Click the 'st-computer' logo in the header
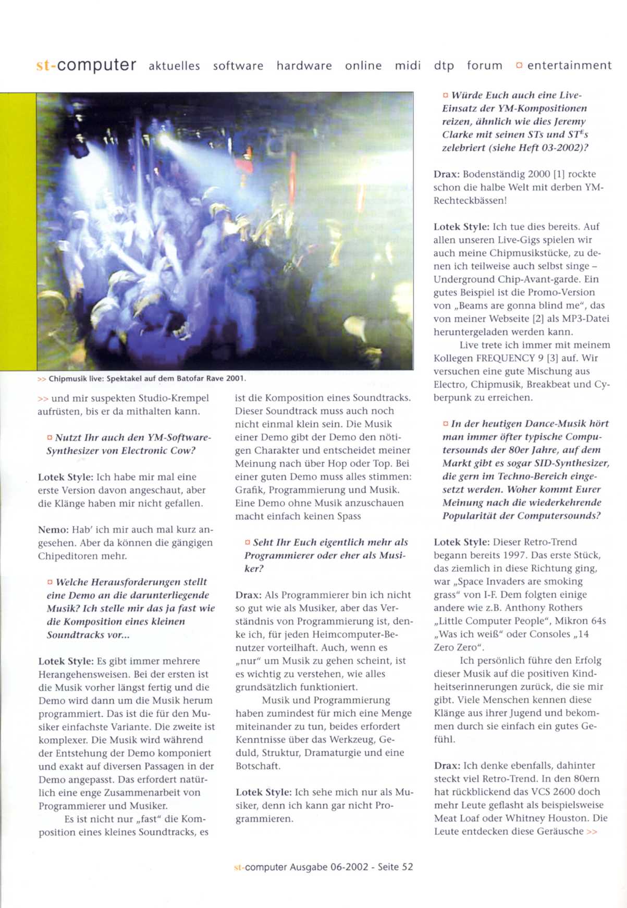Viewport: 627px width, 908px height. (x=86, y=65)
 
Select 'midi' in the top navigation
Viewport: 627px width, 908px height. (x=408, y=66)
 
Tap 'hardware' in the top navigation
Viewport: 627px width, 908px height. (x=304, y=66)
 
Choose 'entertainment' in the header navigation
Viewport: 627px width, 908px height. (x=569, y=65)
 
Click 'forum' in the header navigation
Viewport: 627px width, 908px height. (x=485, y=66)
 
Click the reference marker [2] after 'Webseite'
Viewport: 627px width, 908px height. (x=523, y=318)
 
